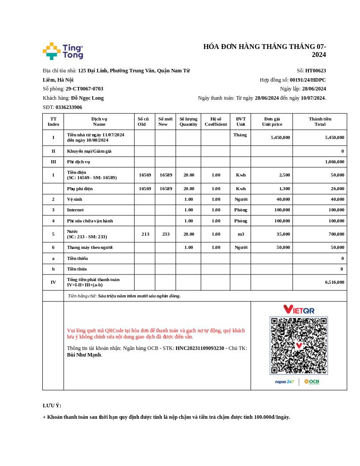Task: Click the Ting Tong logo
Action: tap(63, 51)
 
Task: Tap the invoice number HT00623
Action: tap(315, 71)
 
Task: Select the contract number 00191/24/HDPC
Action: tap(307, 80)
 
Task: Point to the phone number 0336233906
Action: tap(69, 107)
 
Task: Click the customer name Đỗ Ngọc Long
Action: tap(87, 98)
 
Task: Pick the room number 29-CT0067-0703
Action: tap(84, 89)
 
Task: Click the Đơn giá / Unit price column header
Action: tap(272, 121)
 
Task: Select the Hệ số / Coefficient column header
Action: tap(216, 121)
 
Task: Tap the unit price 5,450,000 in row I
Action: tap(280, 137)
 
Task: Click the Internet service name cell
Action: tap(75, 210)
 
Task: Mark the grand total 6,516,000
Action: tap(334, 282)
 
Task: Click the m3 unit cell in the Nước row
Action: tap(240, 234)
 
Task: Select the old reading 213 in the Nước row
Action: tap(145, 234)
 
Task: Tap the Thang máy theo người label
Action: tap(90, 247)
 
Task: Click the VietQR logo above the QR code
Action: tap(299, 309)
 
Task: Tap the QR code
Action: tap(299, 346)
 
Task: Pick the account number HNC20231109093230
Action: tap(200, 348)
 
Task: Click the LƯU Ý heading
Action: tap(52, 406)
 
